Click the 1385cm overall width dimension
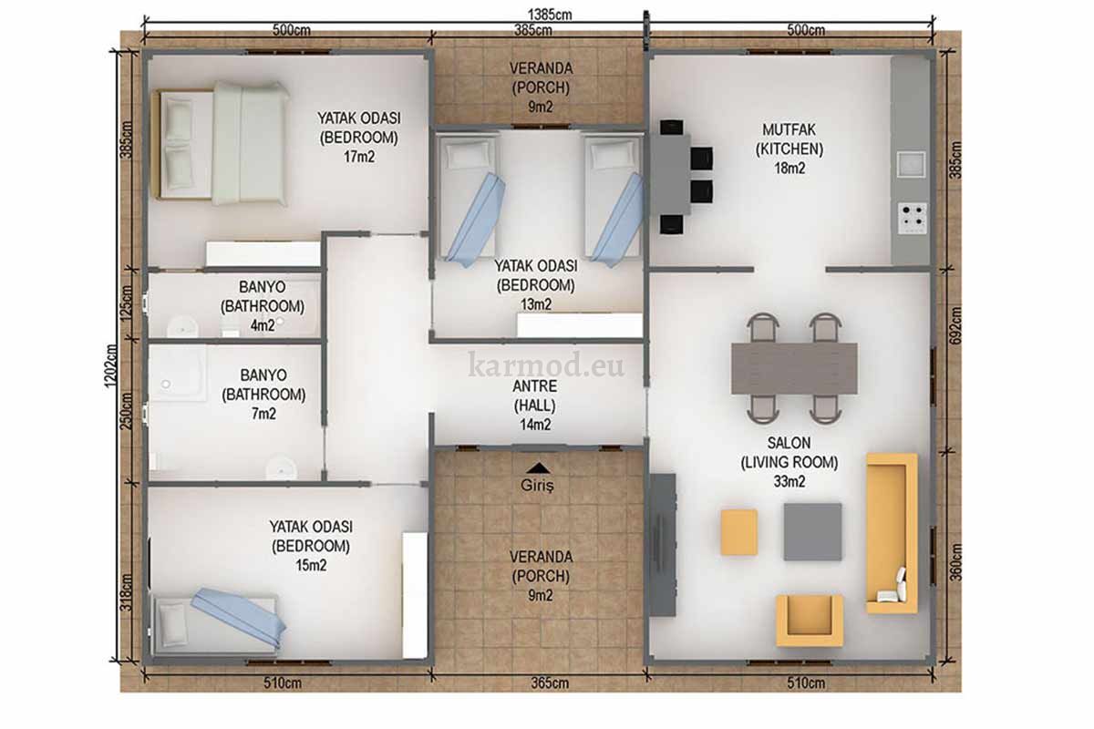[550, 15]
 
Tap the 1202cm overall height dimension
[111, 366]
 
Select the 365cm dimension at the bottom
[550, 683]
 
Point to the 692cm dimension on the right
[955, 325]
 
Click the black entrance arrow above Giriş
[539, 467]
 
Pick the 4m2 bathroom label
[263, 325]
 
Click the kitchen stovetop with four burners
[913, 217]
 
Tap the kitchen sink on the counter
[912, 164]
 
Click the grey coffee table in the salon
[812, 532]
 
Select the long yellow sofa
[892, 533]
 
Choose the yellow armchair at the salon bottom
[810, 621]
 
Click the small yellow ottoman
[739, 532]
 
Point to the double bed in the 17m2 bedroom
[221, 144]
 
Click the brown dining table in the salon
[794, 368]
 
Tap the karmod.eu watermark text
[546, 364]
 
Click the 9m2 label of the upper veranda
[540, 107]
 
